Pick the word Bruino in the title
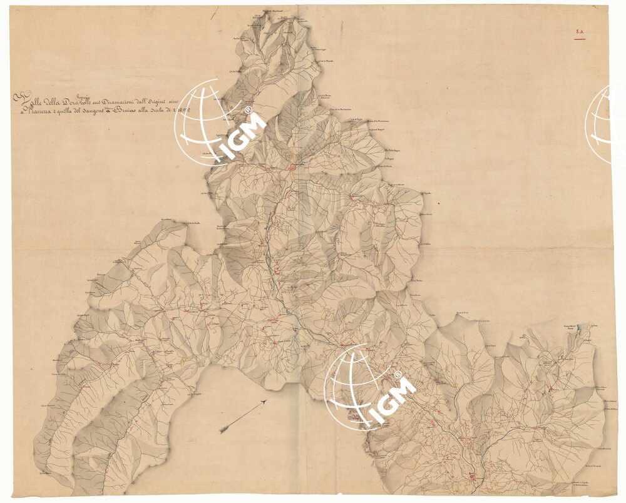point(125,111)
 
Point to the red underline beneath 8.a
point(580,39)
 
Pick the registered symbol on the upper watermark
point(249,110)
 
